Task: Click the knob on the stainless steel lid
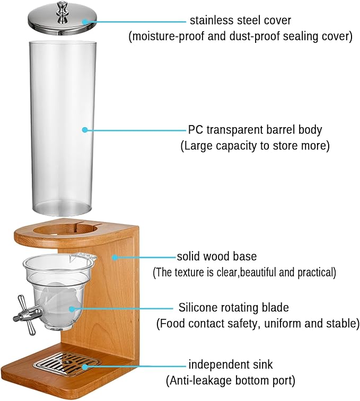61,10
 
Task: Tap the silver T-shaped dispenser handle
27,315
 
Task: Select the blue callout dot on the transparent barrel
85,130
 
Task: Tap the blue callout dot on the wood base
115,257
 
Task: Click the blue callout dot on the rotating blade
72,309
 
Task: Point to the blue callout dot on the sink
84,367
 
